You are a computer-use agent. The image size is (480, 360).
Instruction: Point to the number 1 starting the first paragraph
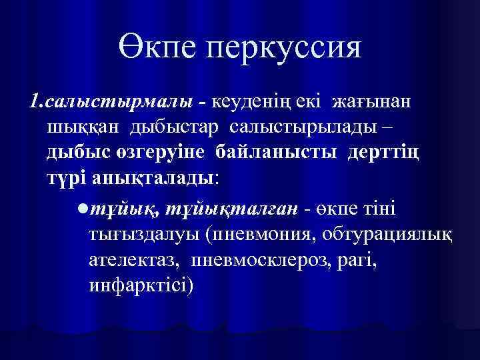pyautogui.click(x=33, y=101)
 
